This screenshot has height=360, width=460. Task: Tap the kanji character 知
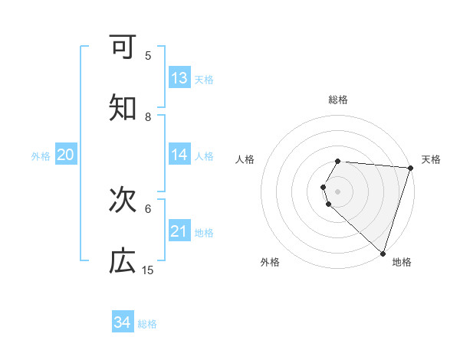(x=123, y=108)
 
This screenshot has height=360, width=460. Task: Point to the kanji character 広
(x=123, y=261)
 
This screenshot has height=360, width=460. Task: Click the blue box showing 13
(x=179, y=78)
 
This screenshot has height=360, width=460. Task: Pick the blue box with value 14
(x=179, y=155)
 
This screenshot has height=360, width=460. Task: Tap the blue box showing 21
(x=179, y=231)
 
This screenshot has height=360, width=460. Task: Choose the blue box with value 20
(x=65, y=155)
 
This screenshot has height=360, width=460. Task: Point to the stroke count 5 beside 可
(x=148, y=55)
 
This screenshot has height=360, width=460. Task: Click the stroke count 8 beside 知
(x=148, y=116)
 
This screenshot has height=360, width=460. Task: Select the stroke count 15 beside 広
(x=148, y=270)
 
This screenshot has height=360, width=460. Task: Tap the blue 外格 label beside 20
(x=41, y=155)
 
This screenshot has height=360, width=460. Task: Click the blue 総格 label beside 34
(x=147, y=323)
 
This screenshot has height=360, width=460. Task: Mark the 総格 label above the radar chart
(x=338, y=100)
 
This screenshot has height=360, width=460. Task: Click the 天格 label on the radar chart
(x=431, y=159)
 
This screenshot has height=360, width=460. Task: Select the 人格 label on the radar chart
(x=245, y=159)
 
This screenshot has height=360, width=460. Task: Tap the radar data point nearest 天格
(x=410, y=168)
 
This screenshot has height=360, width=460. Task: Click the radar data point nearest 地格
(x=383, y=253)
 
